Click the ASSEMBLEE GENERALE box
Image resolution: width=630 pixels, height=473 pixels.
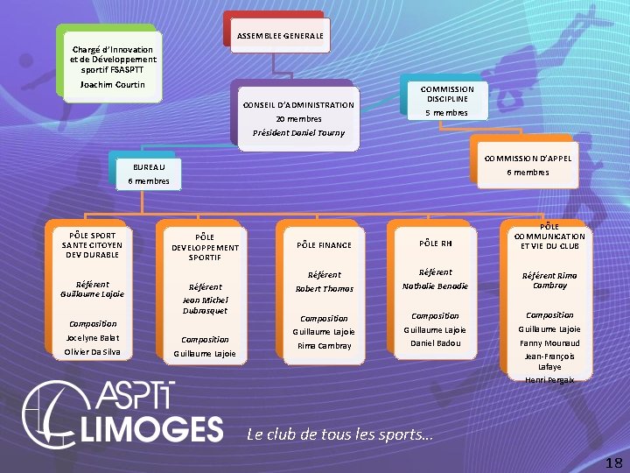click(x=280, y=35)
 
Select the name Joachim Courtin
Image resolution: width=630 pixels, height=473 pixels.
click(x=112, y=85)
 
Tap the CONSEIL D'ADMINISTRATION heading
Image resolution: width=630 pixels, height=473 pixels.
click(x=298, y=105)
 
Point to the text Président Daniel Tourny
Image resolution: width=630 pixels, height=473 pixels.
click(x=298, y=133)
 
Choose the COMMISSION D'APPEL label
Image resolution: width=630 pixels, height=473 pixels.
click(x=528, y=158)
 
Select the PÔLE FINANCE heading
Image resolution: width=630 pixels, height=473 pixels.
click(x=324, y=245)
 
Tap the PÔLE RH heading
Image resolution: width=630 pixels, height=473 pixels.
click(x=435, y=243)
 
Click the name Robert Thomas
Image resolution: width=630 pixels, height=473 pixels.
click(x=324, y=288)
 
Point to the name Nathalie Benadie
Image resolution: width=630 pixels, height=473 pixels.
click(x=435, y=286)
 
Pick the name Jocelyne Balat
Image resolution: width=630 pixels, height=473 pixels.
click(x=93, y=337)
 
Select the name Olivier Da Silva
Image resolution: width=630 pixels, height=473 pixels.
click(x=93, y=352)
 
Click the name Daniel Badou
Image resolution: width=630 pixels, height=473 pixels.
click(x=435, y=343)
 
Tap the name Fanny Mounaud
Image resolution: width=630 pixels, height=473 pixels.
click(x=549, y=343)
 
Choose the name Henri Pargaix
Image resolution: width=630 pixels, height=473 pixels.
click(x=549, y=379)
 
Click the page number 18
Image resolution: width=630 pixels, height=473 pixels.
click(x=613, y=462)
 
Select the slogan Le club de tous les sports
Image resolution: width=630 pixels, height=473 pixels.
click(x=339, y=434)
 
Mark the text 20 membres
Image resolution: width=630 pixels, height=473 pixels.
click(x=298, y=119)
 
